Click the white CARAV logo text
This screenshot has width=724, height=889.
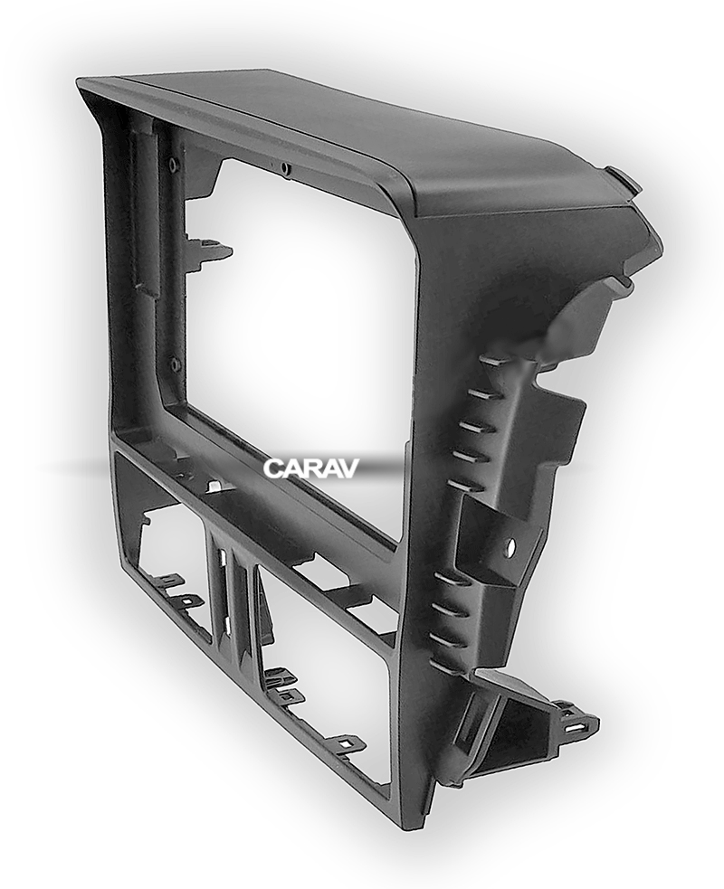(311, 468)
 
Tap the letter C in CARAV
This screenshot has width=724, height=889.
(272, 468)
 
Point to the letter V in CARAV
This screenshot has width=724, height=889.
(348, 468)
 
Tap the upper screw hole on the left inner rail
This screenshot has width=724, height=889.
(171, 166)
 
